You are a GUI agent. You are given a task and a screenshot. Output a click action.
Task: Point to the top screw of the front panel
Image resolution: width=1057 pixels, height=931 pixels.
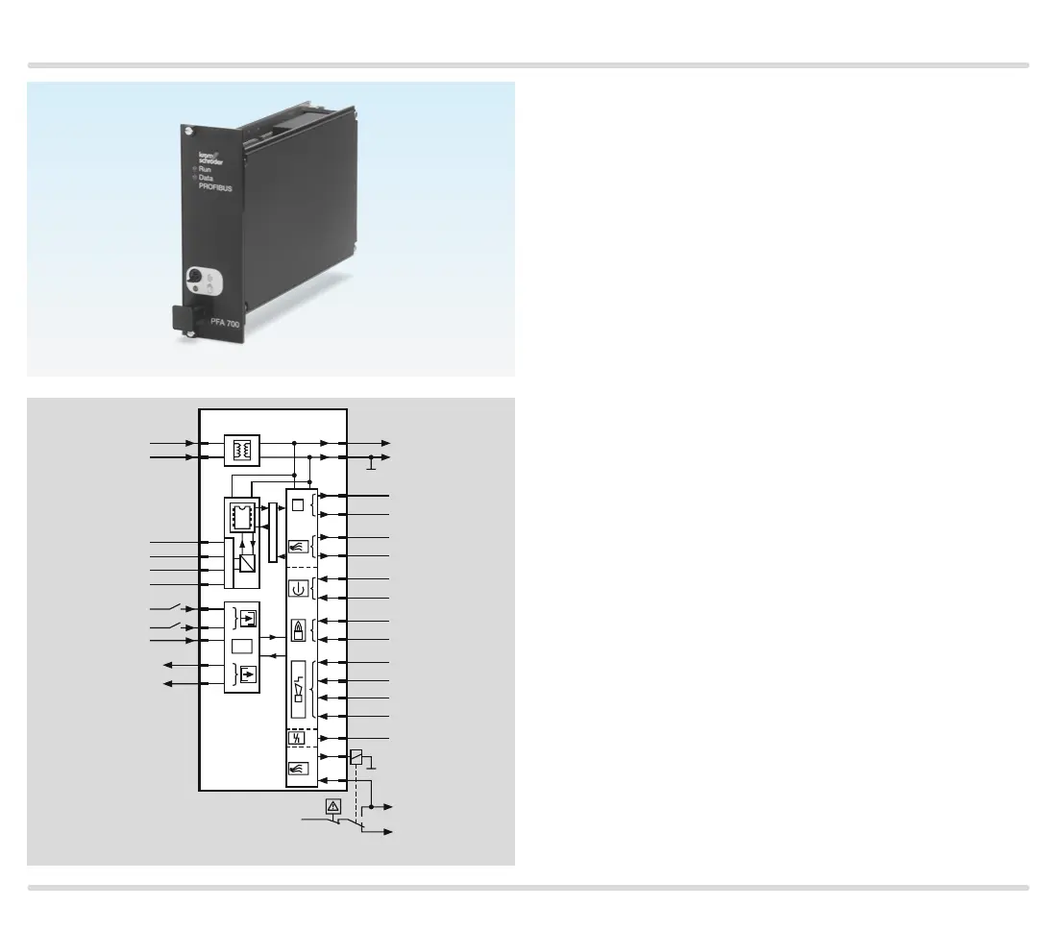click(x=188, y=131)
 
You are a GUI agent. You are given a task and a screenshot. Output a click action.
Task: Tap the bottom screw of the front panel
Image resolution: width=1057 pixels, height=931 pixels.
click(x=191, y=333)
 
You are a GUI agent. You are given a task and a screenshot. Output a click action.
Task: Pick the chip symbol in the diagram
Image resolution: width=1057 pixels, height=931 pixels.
click(x=242, y=517)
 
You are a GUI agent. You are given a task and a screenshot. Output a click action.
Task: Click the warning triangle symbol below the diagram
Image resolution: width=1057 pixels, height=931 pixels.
click(x=333, y=807)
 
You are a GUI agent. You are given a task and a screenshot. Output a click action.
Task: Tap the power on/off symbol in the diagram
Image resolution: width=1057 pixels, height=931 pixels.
click(x=298, y=589)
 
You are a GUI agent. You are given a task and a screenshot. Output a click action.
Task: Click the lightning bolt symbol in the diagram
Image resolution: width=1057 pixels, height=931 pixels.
click(x=298, y=738)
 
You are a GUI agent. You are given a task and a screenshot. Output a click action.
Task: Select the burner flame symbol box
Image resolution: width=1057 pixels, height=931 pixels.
click(x=299, y=630)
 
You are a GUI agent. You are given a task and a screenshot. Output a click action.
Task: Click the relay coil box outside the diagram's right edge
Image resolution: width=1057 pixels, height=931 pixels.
click(x=356, y=757)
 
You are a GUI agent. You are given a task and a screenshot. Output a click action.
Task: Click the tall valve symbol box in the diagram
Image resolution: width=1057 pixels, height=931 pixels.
click(x=299, y=689)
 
